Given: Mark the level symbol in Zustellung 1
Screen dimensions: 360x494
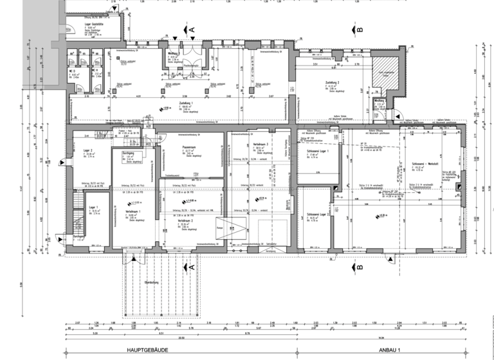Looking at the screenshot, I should pos(158,110).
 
